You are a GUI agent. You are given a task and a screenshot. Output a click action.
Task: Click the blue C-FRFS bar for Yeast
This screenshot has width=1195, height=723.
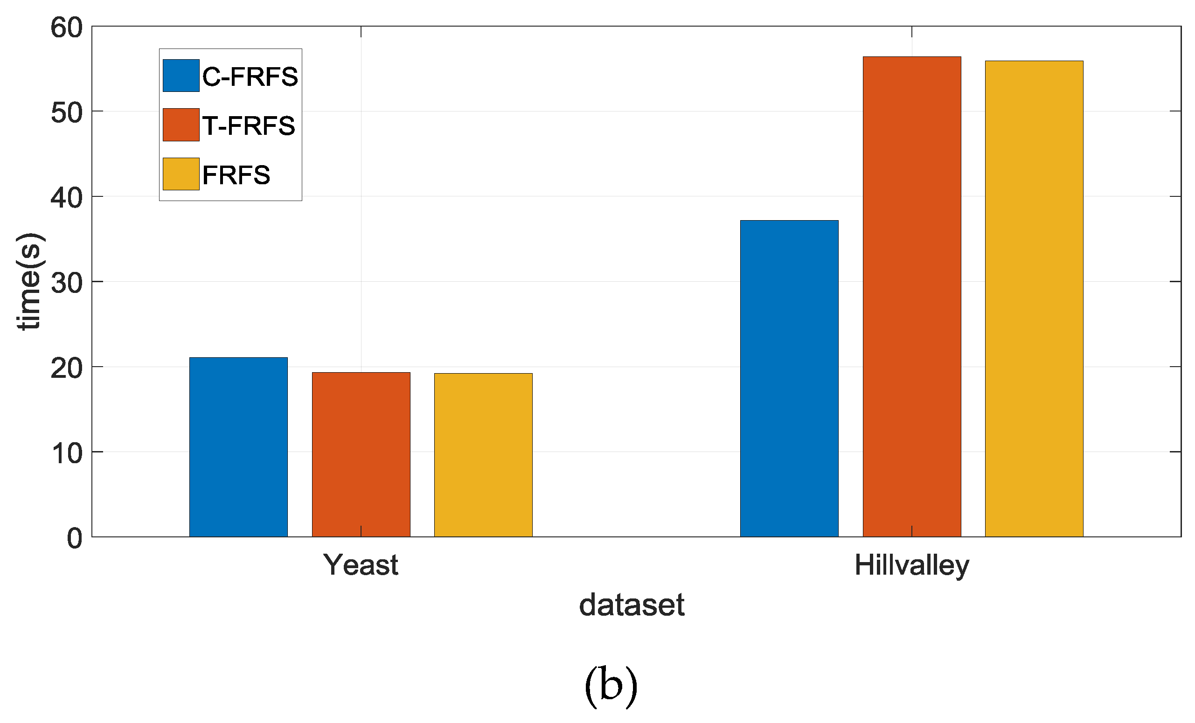(238, 446)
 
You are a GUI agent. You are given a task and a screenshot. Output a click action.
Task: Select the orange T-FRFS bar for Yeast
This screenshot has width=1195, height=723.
(361, 454)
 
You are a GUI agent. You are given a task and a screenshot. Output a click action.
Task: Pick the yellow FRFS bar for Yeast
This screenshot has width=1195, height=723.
(483, 454)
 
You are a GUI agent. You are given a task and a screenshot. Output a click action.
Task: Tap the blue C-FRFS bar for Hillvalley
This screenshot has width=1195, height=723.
(789, 378)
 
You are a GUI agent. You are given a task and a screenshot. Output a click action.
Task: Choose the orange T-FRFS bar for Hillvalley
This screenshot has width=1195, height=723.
(911, 296)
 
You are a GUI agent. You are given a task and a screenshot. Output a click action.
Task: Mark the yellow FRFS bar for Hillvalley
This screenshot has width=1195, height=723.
(1034, 298)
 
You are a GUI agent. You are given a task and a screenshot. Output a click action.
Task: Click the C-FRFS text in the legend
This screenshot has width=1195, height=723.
(250, 76)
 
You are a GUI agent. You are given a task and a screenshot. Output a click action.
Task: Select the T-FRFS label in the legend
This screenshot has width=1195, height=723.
(248, 125)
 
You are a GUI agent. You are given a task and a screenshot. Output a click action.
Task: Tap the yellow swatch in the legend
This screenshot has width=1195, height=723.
(181, 174)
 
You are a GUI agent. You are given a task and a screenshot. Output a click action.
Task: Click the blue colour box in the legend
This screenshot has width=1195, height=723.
(181, 76)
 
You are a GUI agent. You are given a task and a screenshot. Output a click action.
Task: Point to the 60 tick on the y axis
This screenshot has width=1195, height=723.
(66, 27)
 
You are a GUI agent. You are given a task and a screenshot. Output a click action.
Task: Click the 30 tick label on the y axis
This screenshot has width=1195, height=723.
(66, 282)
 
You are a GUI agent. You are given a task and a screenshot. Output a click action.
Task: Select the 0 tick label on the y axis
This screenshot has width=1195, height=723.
(74, 538)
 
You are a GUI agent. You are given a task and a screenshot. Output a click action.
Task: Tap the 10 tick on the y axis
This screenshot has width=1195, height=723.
(66, 453)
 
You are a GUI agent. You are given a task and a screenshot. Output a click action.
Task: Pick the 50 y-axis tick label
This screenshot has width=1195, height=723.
(66, 112)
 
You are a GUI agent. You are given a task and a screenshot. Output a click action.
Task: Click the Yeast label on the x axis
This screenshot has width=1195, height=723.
(361, 565)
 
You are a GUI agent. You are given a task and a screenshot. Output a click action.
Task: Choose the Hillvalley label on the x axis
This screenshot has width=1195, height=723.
(912, 565)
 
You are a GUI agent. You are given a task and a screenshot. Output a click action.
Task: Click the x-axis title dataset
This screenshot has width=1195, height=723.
(632, 605)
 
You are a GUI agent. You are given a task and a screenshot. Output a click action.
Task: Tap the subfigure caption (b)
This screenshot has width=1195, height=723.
(610, 687)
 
